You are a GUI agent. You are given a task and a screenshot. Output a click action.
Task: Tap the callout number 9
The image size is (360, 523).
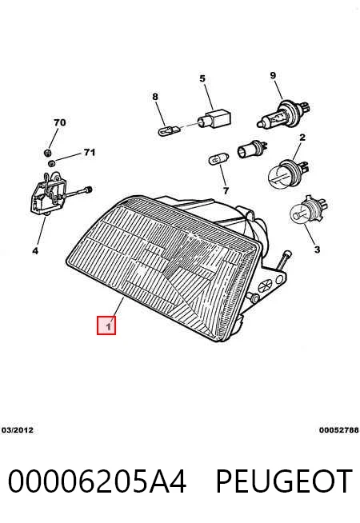click(x=273, y=75)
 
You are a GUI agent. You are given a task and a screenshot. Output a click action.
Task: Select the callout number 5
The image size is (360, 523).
click(x=202, y=78)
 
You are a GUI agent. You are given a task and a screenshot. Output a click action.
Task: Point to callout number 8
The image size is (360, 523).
click(x=155, y=97)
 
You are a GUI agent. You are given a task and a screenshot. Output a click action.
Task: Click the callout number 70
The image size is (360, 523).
click(x=60, y=122)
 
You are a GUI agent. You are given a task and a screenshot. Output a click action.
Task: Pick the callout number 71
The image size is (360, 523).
click(x=90, y=153)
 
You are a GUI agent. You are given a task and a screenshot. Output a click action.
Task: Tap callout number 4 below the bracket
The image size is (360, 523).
click(x=35, y=251)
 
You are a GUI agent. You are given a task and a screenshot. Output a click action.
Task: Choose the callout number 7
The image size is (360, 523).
click(x=226, y=191)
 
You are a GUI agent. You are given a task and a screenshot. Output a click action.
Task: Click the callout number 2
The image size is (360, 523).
click(x=302, y=137)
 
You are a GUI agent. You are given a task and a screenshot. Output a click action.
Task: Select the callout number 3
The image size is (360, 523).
click(x=317, y=250)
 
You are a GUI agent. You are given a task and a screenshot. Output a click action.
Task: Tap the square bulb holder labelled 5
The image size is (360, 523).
click(x=214, y=118)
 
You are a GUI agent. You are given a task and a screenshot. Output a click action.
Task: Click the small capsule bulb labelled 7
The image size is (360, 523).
click(x=219, y=159)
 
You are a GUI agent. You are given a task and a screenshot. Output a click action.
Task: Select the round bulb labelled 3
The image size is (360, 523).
click(x=308, y=210)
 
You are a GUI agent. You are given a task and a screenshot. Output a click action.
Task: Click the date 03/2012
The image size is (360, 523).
click(x=18, y=430)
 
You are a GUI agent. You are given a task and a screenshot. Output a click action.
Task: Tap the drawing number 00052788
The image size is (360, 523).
click(x=339, y=430)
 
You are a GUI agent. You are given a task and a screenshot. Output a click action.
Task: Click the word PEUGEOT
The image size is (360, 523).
click(x=284, y=481)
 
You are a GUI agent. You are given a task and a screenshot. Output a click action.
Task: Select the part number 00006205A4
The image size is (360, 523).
click(x=97, y=481)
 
